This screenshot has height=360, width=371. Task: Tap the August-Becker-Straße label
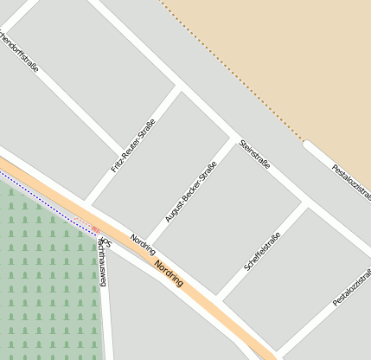(190, 191)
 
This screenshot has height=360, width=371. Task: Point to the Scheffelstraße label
(262, 252)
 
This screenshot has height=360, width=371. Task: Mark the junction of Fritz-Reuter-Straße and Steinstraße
(180, 87)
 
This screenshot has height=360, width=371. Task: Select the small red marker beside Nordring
(95, 228)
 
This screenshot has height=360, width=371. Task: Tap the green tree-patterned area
(43, 277)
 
